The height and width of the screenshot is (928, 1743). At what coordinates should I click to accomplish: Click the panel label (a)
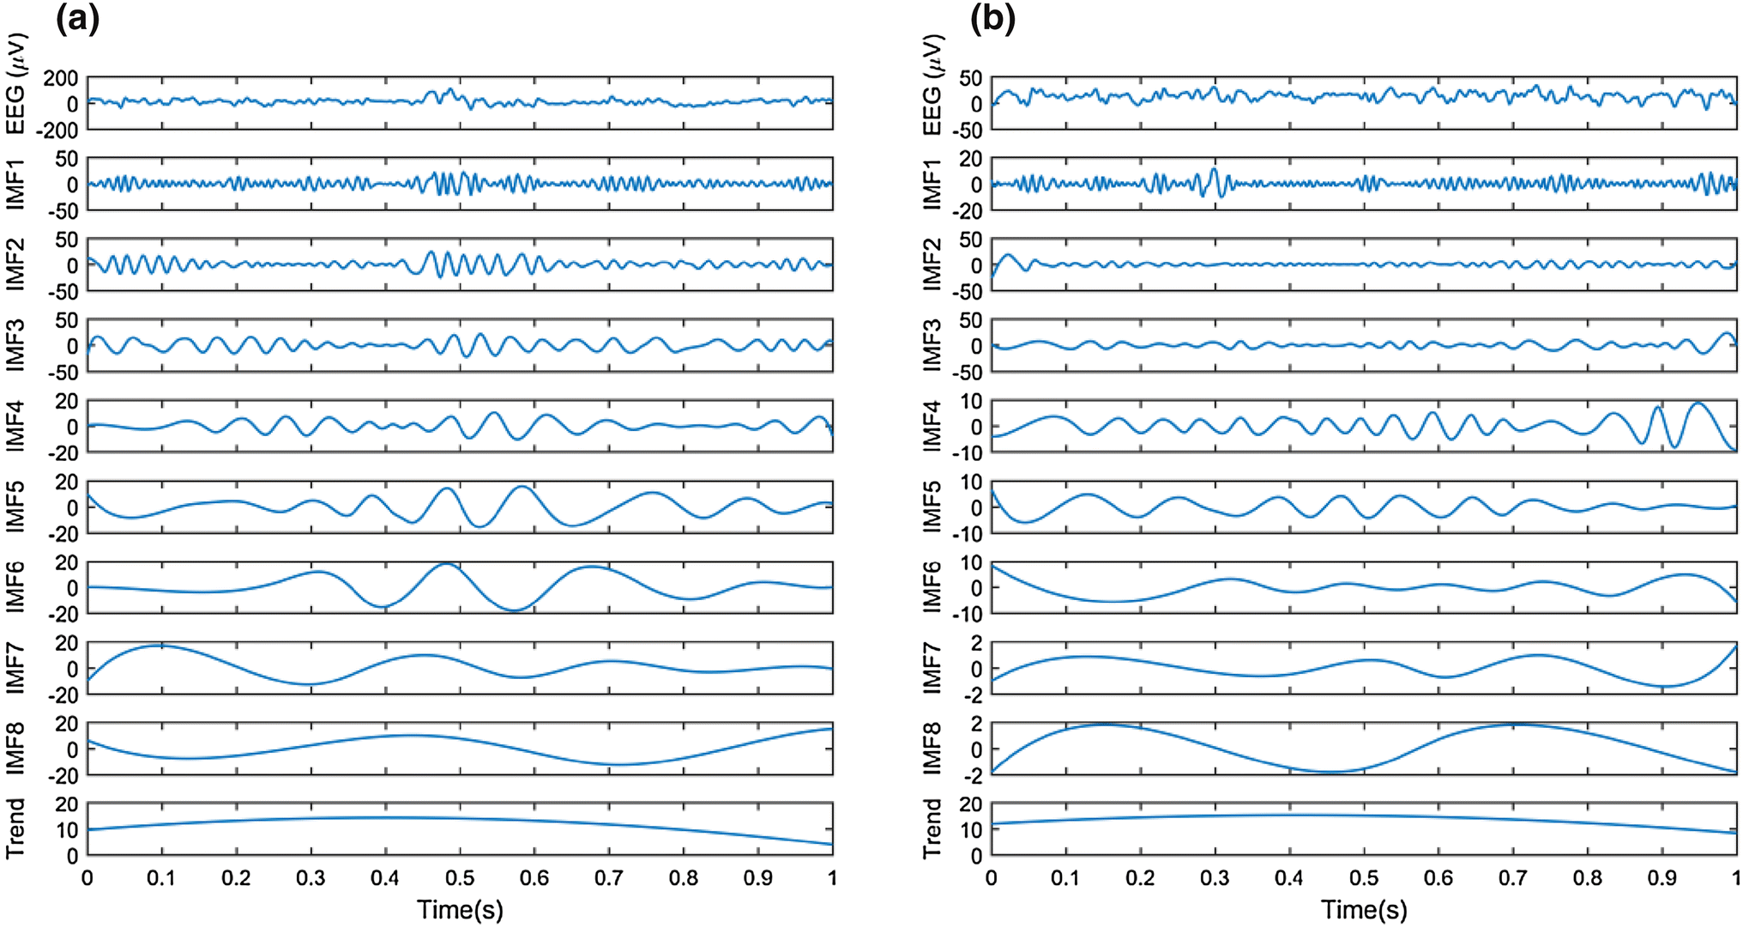[77, 18]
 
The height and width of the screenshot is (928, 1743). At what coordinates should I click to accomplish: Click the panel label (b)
[992, 18]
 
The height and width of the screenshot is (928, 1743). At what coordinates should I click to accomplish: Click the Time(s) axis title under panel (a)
[460, 909]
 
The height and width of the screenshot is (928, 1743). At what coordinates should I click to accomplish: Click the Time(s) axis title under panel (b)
[1364, 909]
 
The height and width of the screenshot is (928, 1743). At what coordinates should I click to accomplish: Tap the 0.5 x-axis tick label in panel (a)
[460, 878]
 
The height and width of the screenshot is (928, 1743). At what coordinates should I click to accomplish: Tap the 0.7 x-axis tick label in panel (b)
[1513, 878]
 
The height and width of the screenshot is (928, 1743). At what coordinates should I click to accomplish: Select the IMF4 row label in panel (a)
[15, 426]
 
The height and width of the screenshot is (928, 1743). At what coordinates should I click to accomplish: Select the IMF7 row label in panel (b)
[932, 668]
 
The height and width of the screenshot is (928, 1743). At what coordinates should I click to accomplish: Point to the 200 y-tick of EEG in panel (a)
[61, 79]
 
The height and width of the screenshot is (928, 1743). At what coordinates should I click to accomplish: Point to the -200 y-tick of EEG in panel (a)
[57, 130]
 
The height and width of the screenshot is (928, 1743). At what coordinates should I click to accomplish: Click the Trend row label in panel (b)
[932, 828]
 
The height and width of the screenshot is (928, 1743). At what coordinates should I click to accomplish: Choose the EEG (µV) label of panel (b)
[932, 84]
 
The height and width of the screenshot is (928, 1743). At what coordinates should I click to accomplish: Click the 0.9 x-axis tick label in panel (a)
[758, 878]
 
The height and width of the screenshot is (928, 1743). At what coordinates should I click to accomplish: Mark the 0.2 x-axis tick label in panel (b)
[1140, 878]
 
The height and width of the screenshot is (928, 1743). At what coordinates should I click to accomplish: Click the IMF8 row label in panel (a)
[15, 749]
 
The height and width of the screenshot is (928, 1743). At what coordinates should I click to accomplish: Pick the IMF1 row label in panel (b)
[932, 184]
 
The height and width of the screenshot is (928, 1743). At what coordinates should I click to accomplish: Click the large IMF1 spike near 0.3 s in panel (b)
[1213, 172]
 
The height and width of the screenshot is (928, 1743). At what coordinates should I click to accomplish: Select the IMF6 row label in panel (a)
[15, 587]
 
